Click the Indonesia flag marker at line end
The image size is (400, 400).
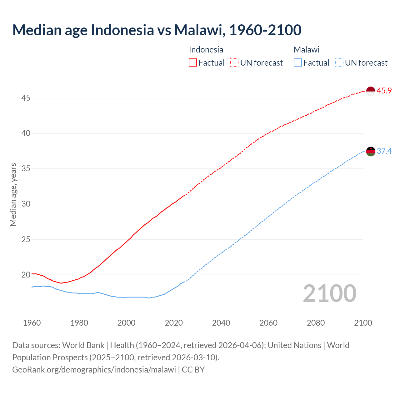pyautogui.click(x=370, y=91)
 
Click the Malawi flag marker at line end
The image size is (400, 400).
pyautogui.click(x=370, y=151)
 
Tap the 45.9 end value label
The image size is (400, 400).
pyautogui.click(x=384, y=91)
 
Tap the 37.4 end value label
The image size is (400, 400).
pyautogui.click(x=384, y=151)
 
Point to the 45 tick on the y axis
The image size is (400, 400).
pyautogui.click(x=26, y=98)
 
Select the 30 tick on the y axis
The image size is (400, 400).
pyautogui.click(x=26, y=204)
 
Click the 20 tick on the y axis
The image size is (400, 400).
pyautogui.click(x=26, y=275)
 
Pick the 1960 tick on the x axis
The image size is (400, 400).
pyautogui.click(x=32, y=323)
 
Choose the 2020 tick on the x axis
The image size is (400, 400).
pyautogui.click(x=174, y=323)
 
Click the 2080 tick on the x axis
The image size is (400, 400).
pyautogui.click(x=316, y=323)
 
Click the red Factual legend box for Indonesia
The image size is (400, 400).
pyautogui.click(x=193, y=63)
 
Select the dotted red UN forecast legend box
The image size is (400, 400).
pyautogui.click(x=234, y=63)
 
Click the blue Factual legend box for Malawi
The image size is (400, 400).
pyautogui.click(x=298, y=63)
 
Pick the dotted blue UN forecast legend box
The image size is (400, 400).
pyautogui.click(x=339, y=63)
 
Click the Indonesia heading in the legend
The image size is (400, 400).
pyautogui.click(x=206, y=50)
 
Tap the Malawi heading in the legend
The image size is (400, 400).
pyautogui.click(x=307, y=50)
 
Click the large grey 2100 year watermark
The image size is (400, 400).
pyautogui.click(x=329, y=293)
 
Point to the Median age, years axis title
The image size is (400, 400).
pyautogui.click(x=13, y=194)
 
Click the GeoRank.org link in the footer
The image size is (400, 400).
pyautogui.click(x=94, y=370)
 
